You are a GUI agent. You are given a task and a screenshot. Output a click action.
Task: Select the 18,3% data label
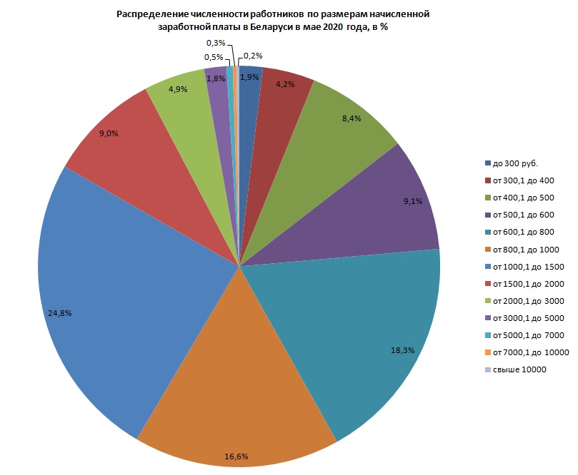tap(404, 350)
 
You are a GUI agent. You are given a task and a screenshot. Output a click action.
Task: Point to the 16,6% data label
tap(236, 456)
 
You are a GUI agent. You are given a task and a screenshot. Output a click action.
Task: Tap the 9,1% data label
tap(413, 201)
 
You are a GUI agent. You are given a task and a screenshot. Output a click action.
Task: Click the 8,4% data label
tap(352, 118)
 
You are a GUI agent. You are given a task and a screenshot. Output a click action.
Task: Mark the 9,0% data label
tap(109, 133)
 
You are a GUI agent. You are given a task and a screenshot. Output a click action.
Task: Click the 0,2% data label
tap(253, 56)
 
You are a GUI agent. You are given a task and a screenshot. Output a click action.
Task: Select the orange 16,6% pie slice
tap(236, 385)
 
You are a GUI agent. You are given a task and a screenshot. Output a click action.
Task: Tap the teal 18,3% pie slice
tap(357, 321)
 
